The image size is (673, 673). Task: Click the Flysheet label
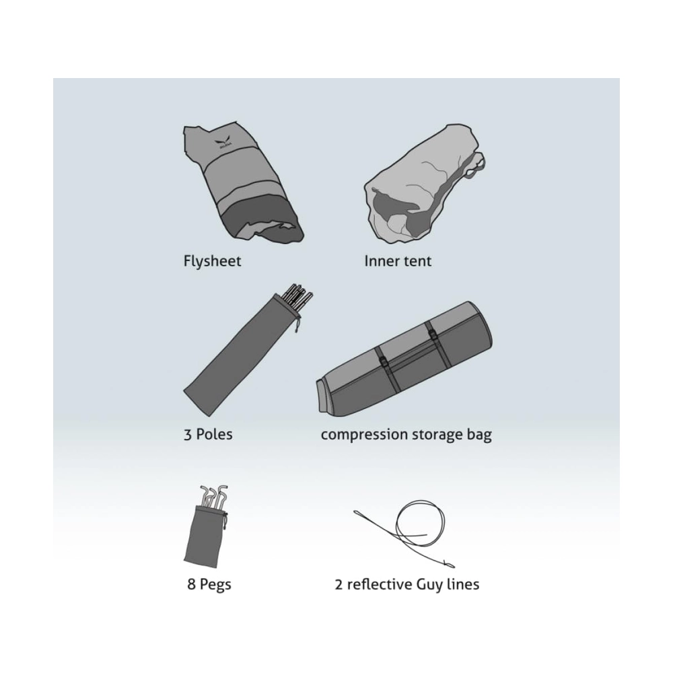point(212,261)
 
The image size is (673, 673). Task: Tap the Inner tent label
point(398,261)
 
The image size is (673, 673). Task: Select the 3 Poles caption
point(208,434)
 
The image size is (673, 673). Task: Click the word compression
point(365,435)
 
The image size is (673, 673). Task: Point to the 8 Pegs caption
point(209,585)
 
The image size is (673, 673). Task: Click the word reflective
point(380,584)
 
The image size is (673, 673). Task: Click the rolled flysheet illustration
point(242,183)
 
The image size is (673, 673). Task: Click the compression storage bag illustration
point(404,359)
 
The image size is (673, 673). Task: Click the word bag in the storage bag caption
point(479,435)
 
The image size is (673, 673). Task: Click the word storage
point(437,435)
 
